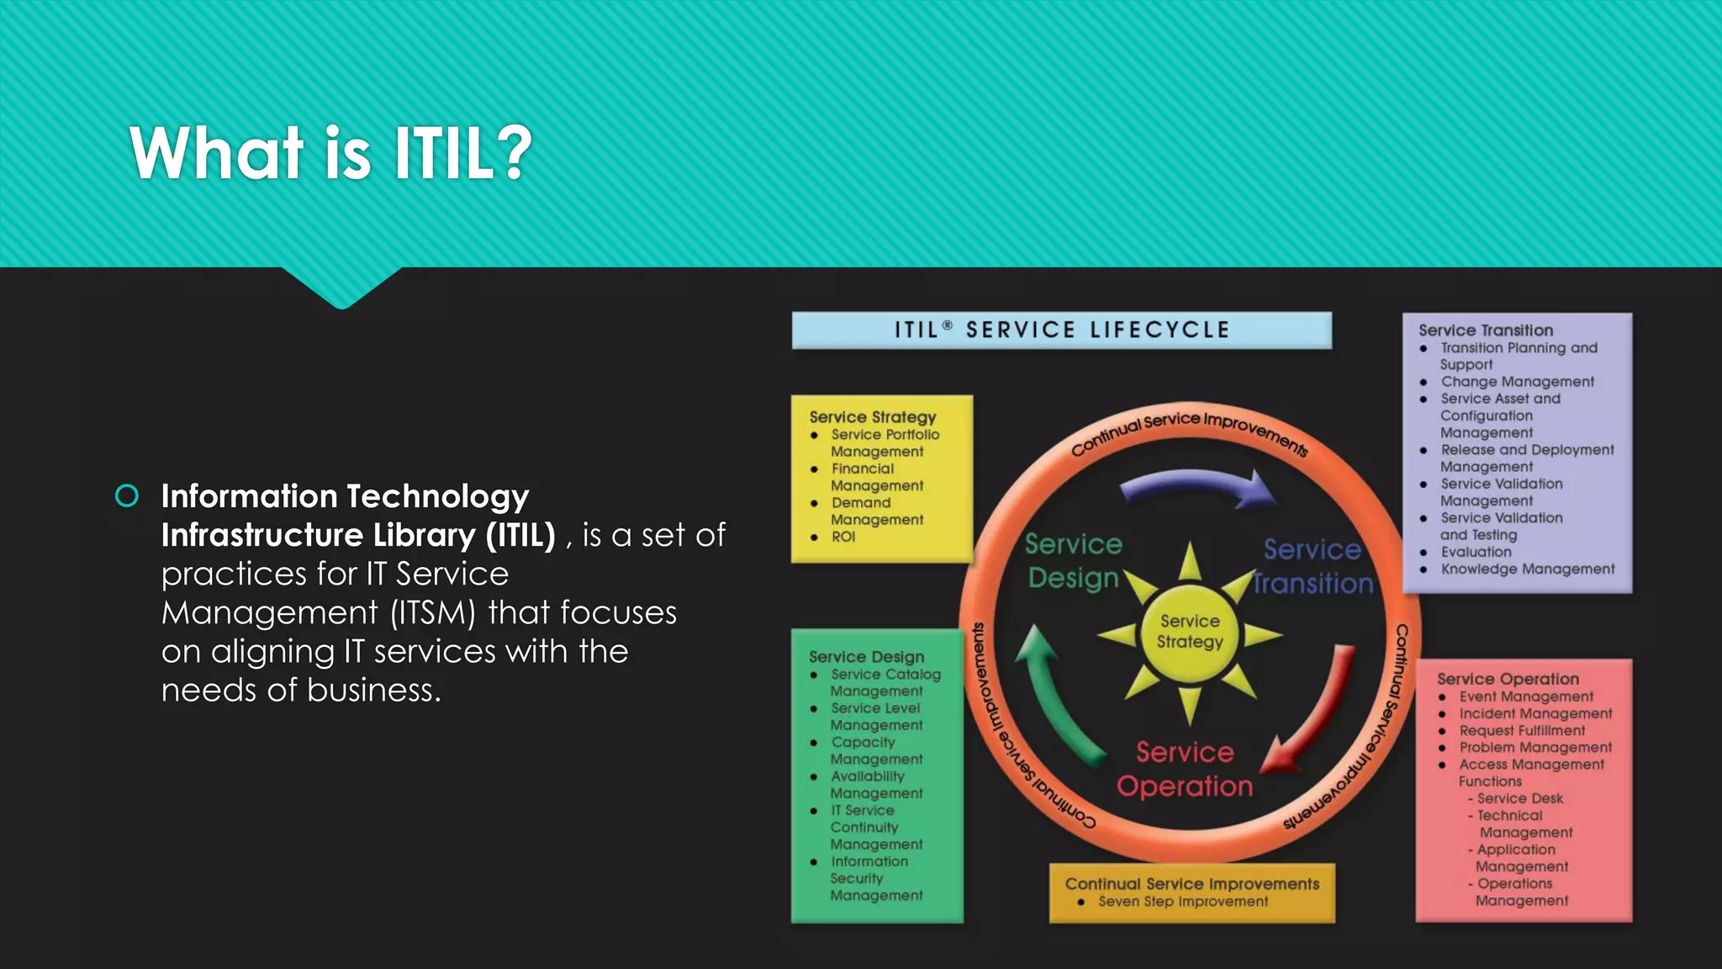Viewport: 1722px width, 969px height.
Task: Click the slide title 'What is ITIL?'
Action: (330, 153)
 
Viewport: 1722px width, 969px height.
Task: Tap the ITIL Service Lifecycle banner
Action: (1061, 330)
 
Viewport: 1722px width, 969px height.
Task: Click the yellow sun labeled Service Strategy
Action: (1190, 632)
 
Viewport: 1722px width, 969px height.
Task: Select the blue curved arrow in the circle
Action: (1198, 488)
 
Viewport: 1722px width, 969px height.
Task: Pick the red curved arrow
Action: (1316, 715)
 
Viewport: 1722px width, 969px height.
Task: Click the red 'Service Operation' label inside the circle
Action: (1185, 769)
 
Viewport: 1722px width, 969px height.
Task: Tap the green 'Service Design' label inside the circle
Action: (1074, 561)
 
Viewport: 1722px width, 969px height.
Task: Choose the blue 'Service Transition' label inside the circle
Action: (1312, 566)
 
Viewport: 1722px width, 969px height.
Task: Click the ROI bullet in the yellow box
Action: (843, 537)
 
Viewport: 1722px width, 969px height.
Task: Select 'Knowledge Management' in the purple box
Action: (1527, 569)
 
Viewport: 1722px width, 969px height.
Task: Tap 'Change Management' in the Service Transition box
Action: (1517, 382)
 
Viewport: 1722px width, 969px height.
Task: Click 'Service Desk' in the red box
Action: (1519, 798)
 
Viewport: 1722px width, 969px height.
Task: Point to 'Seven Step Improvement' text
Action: (1183, 902)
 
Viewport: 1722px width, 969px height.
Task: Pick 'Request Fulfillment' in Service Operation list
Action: (1522, 731)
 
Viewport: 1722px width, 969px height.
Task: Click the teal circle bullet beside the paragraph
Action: (127, 496)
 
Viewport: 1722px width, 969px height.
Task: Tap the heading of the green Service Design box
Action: (866, 657)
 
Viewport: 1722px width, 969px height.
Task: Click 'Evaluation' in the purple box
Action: (1476, 553)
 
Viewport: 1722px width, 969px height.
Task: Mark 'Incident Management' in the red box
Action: (1535, 714)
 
